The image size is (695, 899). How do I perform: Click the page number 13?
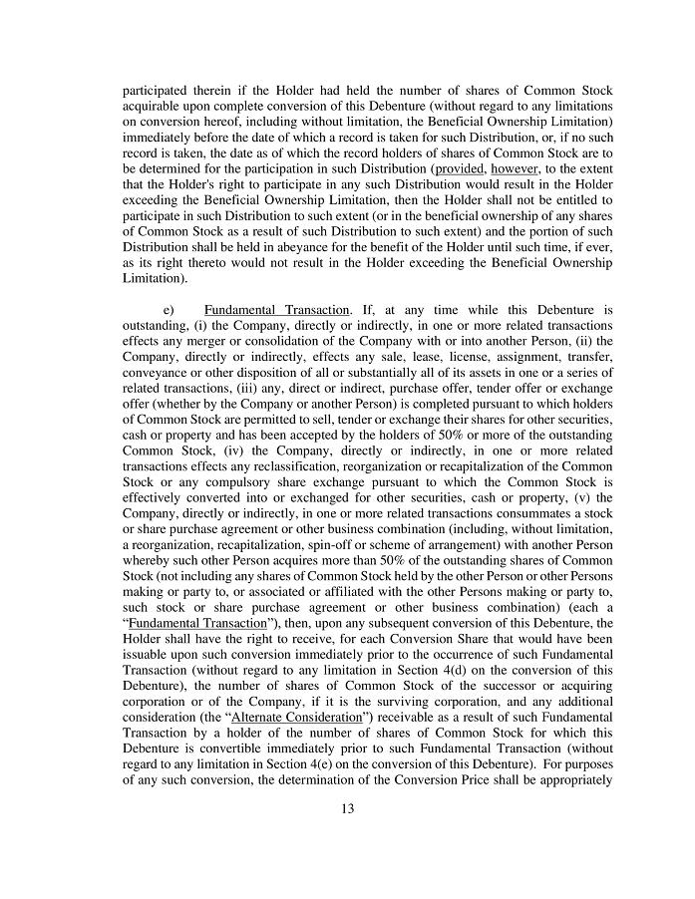pyautogui.click(x=347, y=808)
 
